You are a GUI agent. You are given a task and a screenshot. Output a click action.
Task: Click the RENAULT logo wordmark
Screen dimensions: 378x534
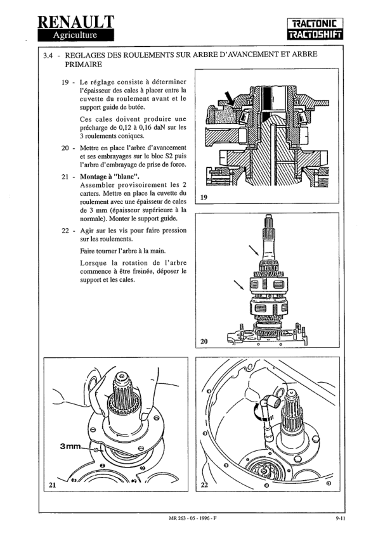pyautogui.click(x=75, y=21)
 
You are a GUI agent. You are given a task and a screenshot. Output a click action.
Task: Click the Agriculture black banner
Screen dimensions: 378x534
pyautogui.click(x=75, y=35)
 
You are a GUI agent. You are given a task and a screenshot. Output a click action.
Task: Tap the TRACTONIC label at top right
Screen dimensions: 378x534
pyautogui.click(x=315, y=24)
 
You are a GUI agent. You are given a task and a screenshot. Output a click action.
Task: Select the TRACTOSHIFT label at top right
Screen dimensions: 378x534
pyautogui.click(x=315, y=35)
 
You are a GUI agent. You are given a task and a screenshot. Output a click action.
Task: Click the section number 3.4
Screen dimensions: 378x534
pyautogui.click(x=48, y=56)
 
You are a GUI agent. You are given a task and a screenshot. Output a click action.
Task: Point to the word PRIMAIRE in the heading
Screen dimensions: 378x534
pyautogui.click(x=83, y=65)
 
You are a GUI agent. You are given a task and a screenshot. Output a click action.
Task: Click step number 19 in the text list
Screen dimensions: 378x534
pyautogui.click(x=65, y=82)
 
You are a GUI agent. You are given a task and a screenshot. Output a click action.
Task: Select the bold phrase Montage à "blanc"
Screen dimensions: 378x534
pyautogui.click(x=110, y=176)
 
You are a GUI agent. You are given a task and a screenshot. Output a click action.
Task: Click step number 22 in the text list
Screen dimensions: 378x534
pyautogui.click(x=65, y=231)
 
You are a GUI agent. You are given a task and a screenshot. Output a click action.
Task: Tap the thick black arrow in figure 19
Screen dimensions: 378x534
pyautogui.click(x=230, y=98)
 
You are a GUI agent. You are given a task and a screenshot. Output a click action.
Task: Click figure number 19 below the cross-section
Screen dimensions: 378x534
pyautogui.click(x=204, y=197)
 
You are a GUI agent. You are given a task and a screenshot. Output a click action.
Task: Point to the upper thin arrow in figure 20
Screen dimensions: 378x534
pyautogui.click(x=254, y=251)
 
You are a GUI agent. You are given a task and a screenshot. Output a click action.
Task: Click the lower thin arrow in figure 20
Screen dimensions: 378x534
pyautogui.click(x=239, y=285)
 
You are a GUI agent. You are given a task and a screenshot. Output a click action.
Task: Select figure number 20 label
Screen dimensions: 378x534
pyautogui.click(x=204, y=341)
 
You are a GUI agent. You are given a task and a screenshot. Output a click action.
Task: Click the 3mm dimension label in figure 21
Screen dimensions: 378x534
pyautogui.click(x=70, y=446)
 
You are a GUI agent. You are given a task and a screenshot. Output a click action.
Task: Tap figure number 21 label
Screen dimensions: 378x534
pyautogui.click(x=52, y=485)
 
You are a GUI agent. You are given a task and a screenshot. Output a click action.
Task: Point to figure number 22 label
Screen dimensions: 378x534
pyautogui.click(x=204, y=485)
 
